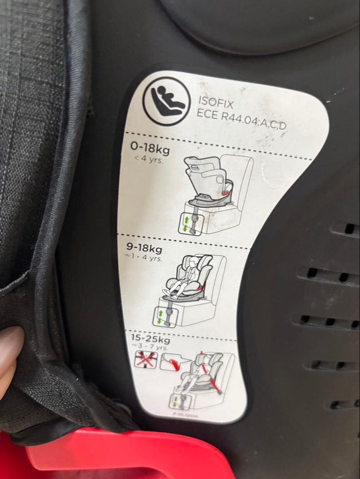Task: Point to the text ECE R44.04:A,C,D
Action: tap(242, 119)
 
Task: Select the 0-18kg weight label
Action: tap(150, 147)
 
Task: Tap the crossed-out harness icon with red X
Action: tap(146, 360)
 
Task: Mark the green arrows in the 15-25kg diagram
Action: tap(176, 402)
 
